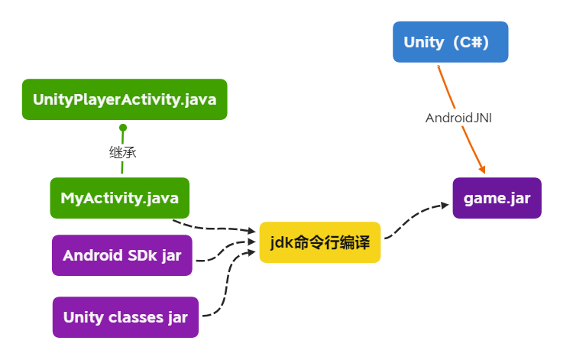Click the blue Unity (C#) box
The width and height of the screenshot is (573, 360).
[x=450, y=42]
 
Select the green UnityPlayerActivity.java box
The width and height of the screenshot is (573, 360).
[x=125, y=99]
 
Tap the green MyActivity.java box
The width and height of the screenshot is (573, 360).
[x=119, y=198]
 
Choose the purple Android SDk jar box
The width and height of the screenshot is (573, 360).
[x=122, y=255]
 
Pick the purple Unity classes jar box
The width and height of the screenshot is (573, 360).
[x=125, y=317]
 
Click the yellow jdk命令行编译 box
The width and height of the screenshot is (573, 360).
[x=319, y=242]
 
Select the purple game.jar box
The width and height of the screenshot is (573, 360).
[x=497, y=198]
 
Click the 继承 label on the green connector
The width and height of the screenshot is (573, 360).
[x=122, y=152]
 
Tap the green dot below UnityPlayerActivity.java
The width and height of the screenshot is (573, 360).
[x=122, y=128]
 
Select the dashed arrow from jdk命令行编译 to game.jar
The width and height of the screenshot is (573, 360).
[x=413, y=218]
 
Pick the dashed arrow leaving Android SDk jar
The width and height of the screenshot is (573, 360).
[x=222, y=251]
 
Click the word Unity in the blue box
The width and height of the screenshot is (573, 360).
[x=423, y=42]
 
